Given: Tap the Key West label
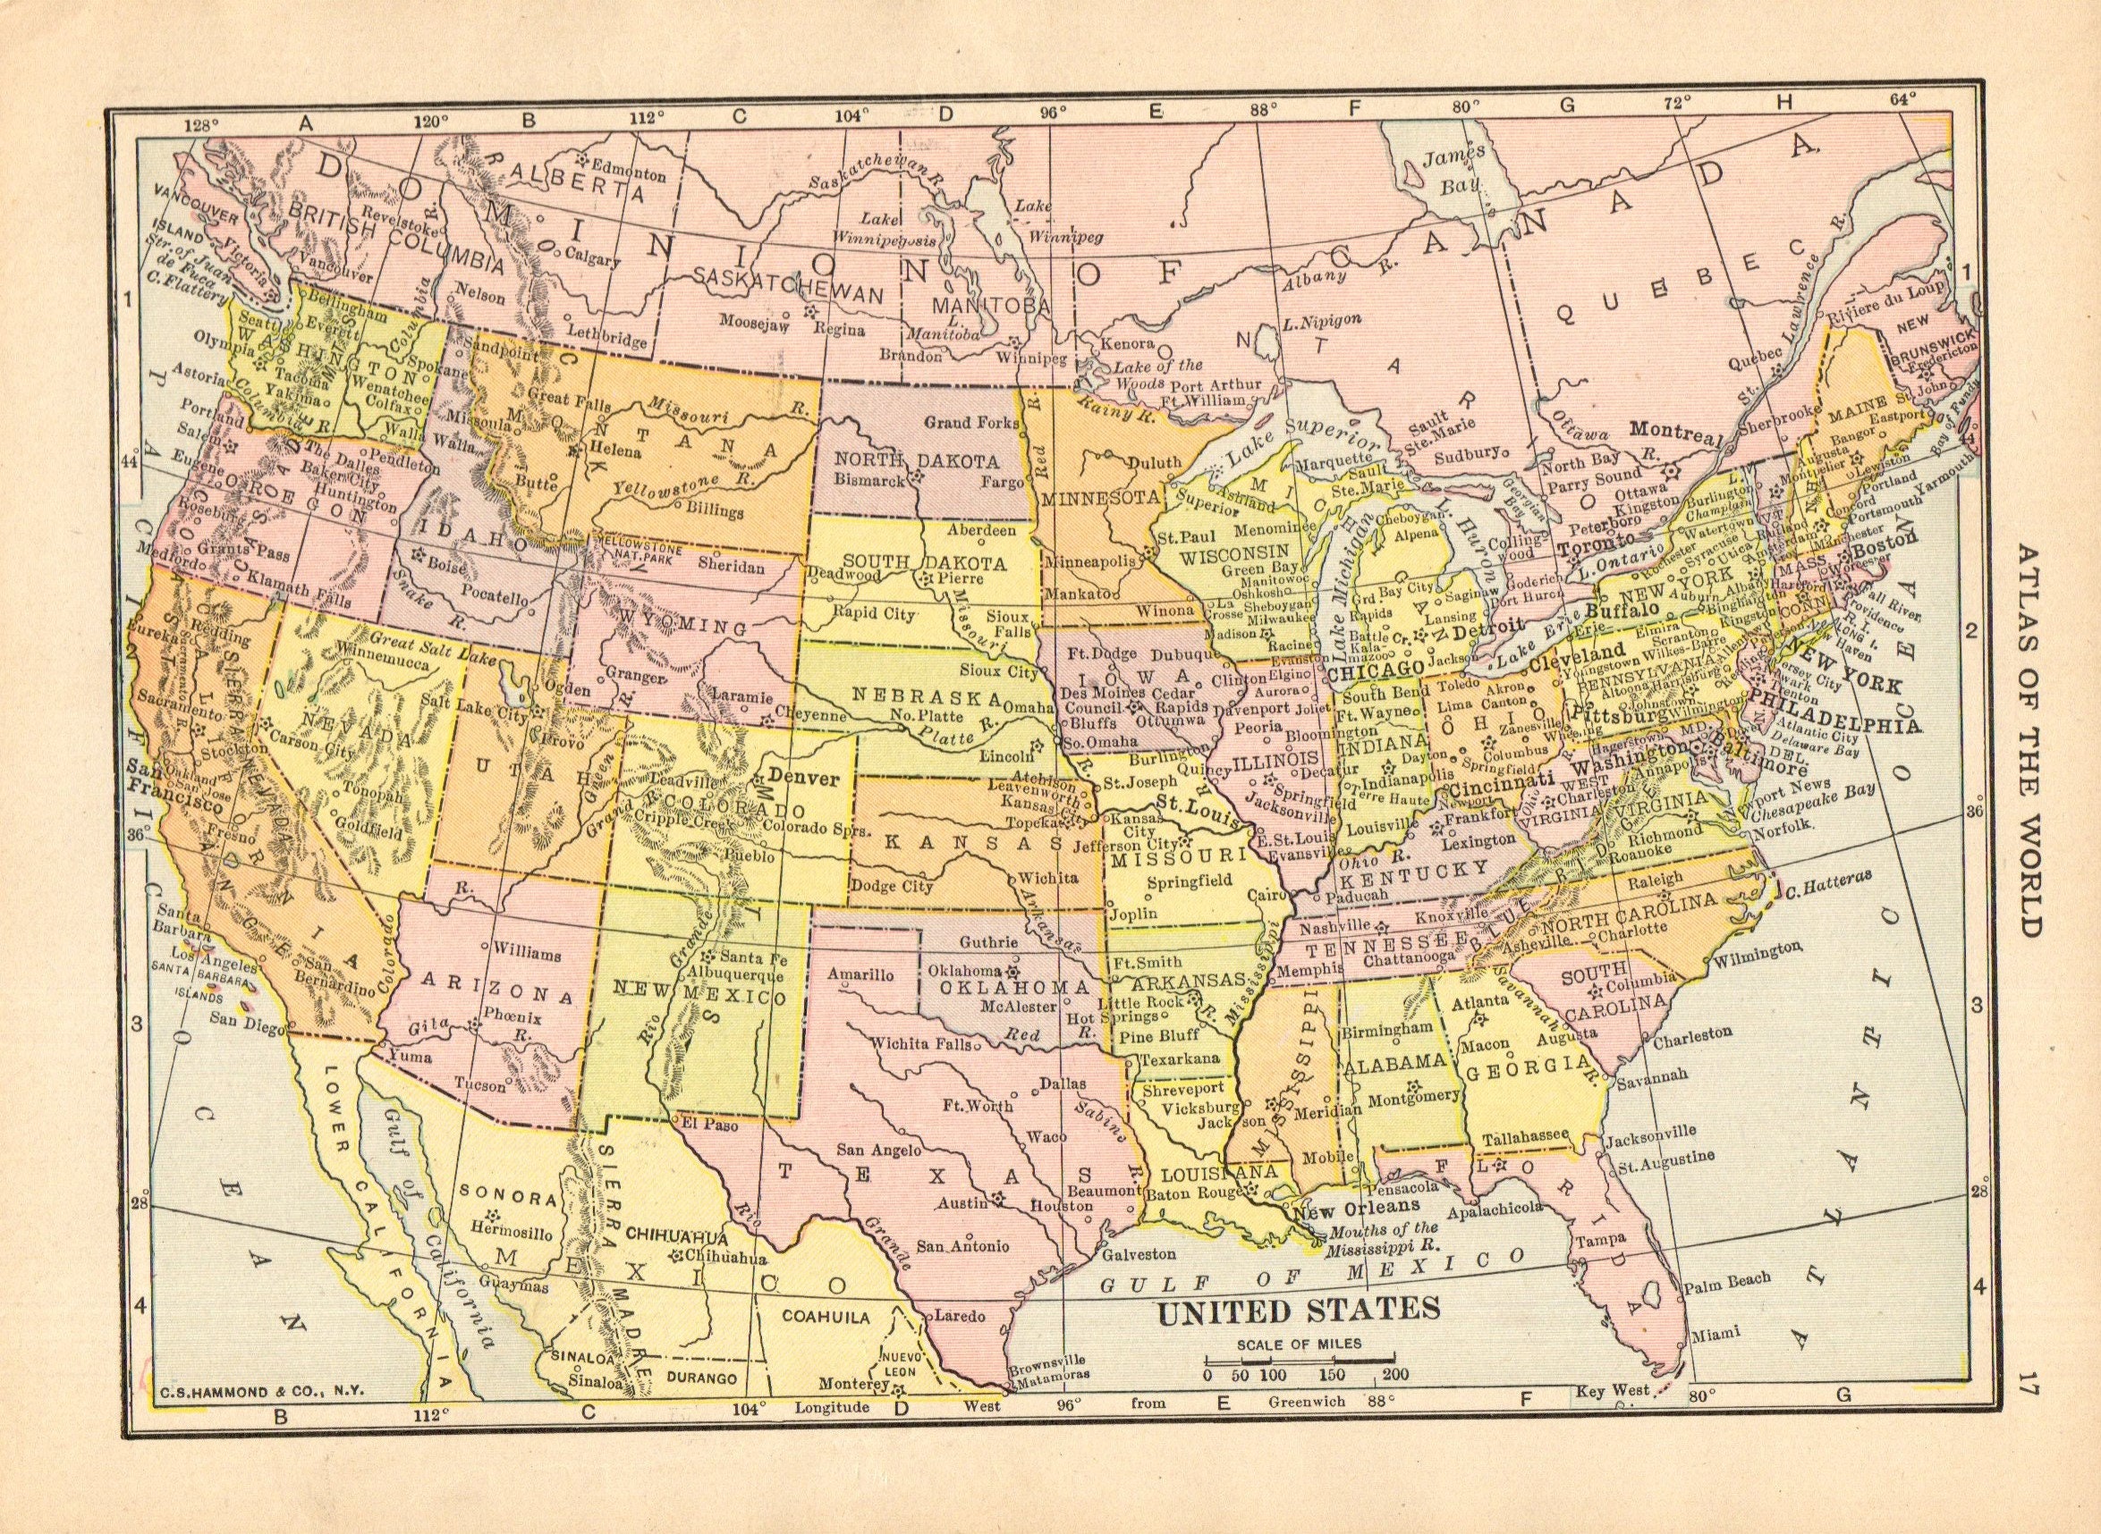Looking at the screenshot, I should (1612, 1416).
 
